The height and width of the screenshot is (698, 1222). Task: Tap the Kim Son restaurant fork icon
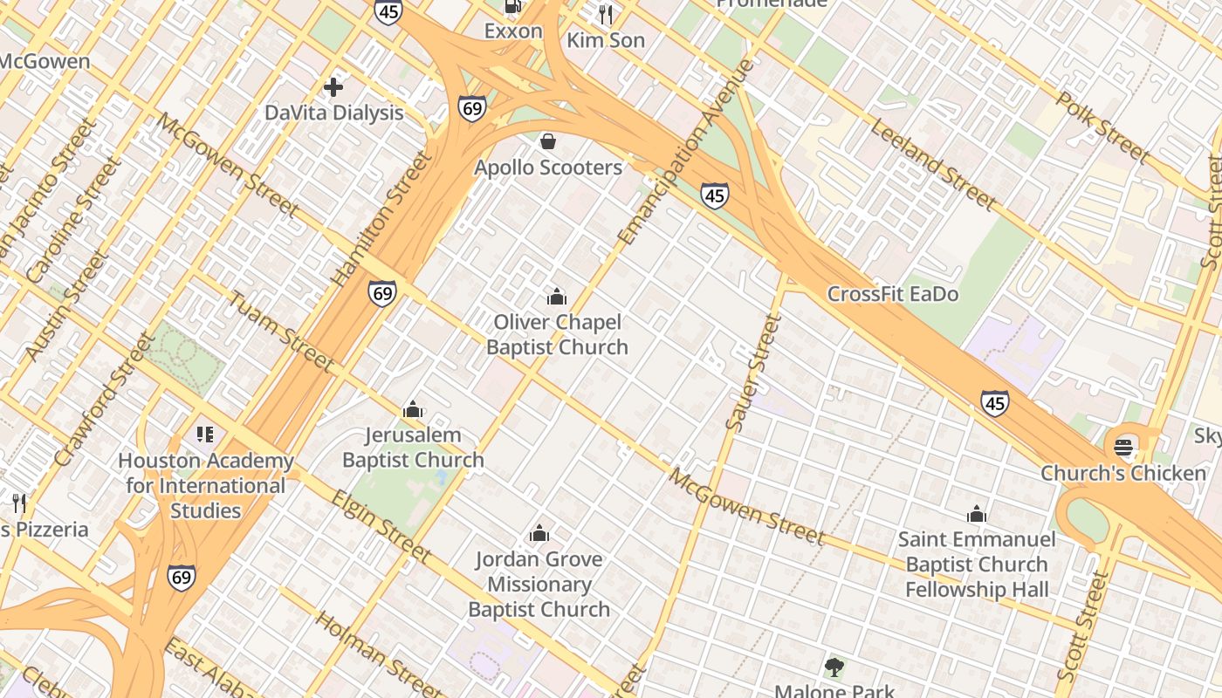pyautogui.click(x=606, y=13)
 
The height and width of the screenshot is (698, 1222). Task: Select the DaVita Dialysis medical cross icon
pyautogui.click(x=333, y=86)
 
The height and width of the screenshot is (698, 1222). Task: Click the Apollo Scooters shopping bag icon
pyautogui.click(x=548, y=140)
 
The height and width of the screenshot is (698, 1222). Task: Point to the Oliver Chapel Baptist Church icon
pyautogui.click(x=557, y=297)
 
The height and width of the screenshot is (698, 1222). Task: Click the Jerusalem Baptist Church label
pyautogui.click(x=413, y=447)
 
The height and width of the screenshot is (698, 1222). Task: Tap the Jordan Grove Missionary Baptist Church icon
pyautogui.click(x=539, y=533)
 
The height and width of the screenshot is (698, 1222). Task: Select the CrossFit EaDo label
pyautogui.click(x=892, y=294)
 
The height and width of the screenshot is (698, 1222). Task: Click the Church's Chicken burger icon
pyautogui.click(x=1123, y=448)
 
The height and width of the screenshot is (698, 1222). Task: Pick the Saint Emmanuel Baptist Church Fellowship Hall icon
pyautogui.click(x=977, y=513)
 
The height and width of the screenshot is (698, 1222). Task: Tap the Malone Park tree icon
pyautogui.click(x=834, y=667)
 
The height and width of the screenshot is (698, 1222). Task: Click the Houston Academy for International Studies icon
pyautogui.click(x=205, y=434)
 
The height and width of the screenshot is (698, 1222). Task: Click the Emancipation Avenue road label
pyautogui.click(x=686, y=153)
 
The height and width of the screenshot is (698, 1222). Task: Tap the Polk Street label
pyautogui.click(x=1102, y=127)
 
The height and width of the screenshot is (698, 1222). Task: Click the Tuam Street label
pyautogui.click(x=280, y=332)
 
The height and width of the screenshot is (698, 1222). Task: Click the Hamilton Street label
pyautogui.click(x=382, y=220)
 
